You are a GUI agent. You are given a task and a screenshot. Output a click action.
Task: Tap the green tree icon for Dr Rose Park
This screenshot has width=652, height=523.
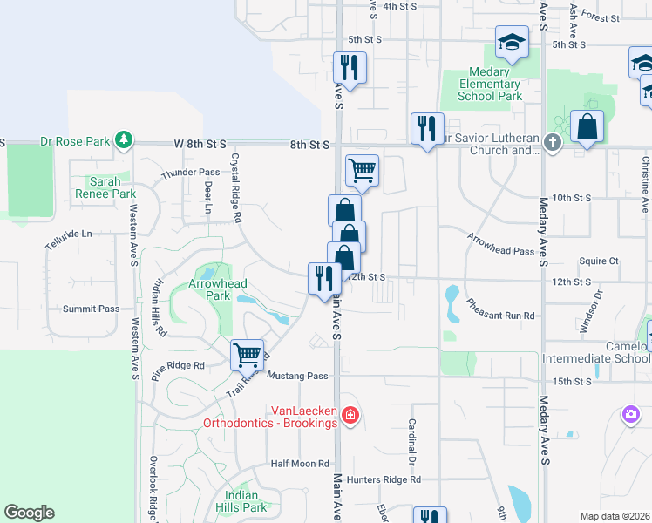point(125,139)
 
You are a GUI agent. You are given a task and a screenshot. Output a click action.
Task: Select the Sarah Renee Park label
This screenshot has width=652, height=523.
point(105,187)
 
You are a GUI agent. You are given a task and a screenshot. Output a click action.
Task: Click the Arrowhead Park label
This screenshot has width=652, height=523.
point(218,289)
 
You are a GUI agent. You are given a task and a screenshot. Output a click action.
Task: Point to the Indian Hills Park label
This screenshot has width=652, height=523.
point(242,501)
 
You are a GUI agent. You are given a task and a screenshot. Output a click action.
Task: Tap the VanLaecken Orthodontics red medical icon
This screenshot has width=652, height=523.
point(350,414)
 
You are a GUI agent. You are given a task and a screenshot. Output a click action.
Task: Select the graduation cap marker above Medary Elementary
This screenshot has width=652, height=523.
point(512,41)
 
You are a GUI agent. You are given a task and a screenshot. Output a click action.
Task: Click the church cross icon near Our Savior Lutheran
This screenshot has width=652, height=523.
point(552,141)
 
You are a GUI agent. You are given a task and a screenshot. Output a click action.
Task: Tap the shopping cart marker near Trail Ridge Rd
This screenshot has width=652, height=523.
point(248,355)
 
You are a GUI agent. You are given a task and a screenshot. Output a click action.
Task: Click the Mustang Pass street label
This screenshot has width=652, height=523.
point(298,376)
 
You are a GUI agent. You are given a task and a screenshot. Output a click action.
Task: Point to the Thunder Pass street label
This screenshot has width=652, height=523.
point(190,173)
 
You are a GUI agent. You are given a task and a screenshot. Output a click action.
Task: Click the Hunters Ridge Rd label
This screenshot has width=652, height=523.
point(384,479)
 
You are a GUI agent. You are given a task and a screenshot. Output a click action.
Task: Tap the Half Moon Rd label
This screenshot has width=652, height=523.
point(300,464)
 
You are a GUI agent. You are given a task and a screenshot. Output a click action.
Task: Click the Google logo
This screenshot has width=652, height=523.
point(30,513)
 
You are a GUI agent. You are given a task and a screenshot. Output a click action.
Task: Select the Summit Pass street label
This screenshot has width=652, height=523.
point(91,309)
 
